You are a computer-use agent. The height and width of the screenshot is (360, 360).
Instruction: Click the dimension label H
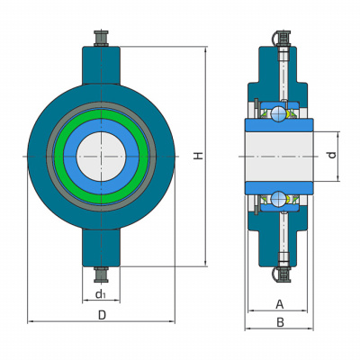click(x=198, y=156)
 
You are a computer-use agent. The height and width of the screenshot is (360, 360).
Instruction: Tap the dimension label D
click(x=103, y=315)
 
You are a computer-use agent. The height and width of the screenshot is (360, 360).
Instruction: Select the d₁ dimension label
click(x=101, y=294)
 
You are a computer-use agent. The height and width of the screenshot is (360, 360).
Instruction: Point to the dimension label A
click(x=279, y=304)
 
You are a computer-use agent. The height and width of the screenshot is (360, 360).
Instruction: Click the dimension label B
click(x=280, y=323)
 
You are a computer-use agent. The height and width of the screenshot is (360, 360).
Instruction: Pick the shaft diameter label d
click(x=331, y=155)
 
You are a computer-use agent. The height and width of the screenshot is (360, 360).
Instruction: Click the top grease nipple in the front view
click(x=101, y=38)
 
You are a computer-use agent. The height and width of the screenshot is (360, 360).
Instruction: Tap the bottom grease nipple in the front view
click(x=101, y=274)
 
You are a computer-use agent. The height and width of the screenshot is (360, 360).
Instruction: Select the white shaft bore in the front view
click(x=101, y=157)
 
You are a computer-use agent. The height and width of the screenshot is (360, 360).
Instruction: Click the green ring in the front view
click(x=101, y=114)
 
